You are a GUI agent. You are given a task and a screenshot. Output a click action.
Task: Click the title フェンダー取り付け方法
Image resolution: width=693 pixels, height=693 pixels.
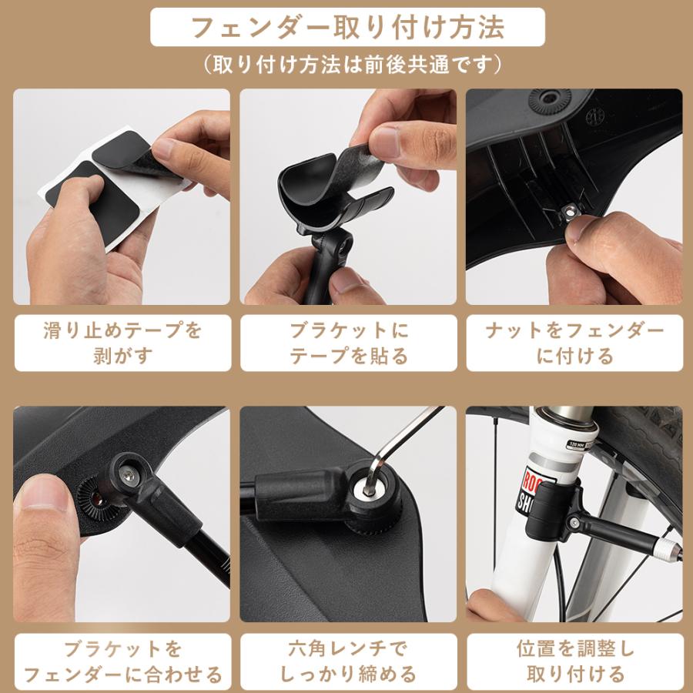347,28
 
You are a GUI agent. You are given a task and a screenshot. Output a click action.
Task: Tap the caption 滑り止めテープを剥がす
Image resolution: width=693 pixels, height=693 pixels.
122,343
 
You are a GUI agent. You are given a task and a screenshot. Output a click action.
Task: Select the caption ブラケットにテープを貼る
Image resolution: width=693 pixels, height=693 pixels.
348,343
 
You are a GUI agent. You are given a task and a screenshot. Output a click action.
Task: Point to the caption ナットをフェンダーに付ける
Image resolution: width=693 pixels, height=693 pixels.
574,343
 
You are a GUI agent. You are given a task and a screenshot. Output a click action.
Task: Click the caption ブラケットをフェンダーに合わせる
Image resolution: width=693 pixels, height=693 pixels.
122,661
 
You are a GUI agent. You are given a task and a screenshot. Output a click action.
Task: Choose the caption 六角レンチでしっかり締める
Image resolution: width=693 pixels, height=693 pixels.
348,661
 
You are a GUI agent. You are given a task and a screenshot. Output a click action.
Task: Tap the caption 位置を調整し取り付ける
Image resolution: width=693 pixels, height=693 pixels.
574,661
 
